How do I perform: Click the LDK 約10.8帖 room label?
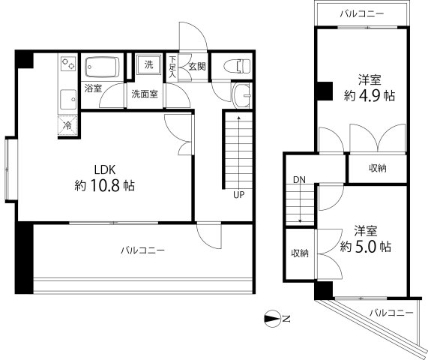pyautogui.click(x=104, y=176)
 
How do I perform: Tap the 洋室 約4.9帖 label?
pyautogui.click(x=366, y=88)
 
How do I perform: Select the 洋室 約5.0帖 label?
pyautogui.click(x=365, y=238)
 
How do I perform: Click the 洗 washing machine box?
pyautogui.click(x=148, y=64)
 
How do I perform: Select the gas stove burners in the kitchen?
pyautogui.click(x=67, y=64)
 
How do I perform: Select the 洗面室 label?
pyautogui.click(x=145, y=94)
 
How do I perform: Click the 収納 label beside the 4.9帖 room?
pyautogui.click(x=378, y=168)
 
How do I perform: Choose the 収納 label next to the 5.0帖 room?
pyautogui.click(x=300, y=253)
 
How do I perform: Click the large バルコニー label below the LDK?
pyautogui.click(x=143, y=250)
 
